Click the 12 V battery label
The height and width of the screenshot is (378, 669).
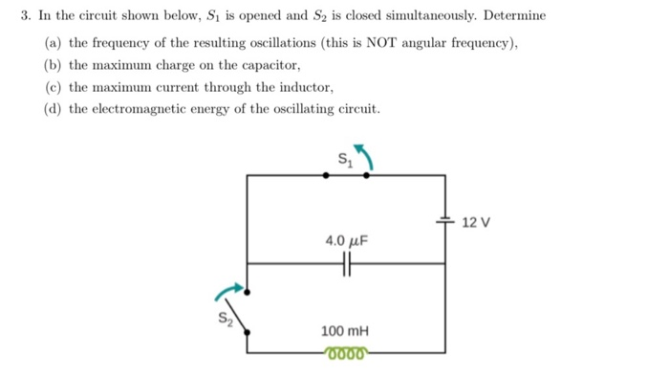(x=475, y=223)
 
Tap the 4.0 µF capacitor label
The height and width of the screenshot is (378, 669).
(x=346, y=241)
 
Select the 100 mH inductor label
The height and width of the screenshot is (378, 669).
(x=345, y=331)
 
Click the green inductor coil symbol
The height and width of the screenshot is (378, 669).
(x=345, y=352)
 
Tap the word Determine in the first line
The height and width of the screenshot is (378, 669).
(x=513, y=16)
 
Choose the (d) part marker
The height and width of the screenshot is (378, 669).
(x=54, y=108)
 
